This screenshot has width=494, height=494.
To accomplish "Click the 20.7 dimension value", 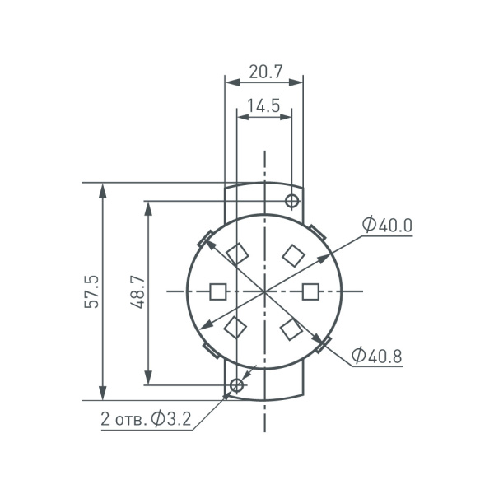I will click(264, 72).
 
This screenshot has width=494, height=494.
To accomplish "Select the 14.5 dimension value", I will click(263, 105).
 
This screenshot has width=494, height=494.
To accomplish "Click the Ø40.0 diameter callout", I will click(386, 225).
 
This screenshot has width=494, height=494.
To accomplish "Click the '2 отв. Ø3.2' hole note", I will click(146, 419).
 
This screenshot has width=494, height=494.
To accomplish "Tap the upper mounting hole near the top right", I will click(291, 201).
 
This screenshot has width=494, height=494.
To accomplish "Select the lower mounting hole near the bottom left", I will click(237, 384).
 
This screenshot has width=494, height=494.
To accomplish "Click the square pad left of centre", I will click(218, 291).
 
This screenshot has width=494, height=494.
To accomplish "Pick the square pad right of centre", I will click(310, 291).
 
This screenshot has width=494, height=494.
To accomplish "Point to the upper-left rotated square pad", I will click(237, 254).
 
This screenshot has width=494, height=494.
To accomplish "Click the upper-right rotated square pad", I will click(292, 254).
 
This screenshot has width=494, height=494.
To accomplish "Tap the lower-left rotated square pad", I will click(235, 328).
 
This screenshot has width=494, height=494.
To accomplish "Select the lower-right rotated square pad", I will click(291, 329).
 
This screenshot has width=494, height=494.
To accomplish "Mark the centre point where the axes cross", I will click(264, 291).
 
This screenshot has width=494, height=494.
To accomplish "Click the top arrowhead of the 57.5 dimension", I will click(103, 189).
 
